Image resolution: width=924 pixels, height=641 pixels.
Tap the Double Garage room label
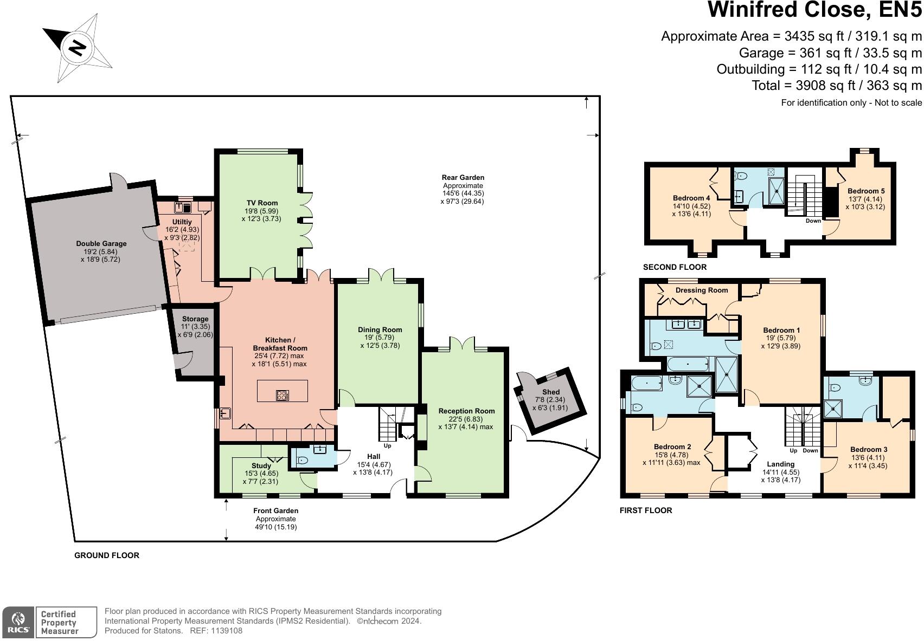pos(101,244)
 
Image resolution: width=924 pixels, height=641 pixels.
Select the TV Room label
pos(261,203)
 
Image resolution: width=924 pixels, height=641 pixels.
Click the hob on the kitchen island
pos(282,395)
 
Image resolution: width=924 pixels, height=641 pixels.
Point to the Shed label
pos(550,392)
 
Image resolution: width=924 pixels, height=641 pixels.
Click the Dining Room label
pos(380,329)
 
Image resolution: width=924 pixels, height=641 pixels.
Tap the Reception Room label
pos(466,411)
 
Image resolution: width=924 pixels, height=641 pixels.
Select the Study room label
pos(261,465)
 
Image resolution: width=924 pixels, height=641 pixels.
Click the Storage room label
pos(195,319)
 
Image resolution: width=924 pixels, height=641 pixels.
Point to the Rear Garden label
pos(463,177)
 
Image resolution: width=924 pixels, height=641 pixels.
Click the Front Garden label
pos(275,510)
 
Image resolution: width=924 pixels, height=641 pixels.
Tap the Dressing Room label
pos(701,290)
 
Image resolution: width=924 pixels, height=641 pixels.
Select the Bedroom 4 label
pos(691,198)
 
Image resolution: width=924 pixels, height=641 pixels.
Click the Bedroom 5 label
pos(865,191)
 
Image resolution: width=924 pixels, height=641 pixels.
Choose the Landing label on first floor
pos(780,464)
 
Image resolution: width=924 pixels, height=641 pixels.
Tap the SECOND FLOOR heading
pos(675,267)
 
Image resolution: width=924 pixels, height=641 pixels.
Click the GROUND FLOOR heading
pos(107,555)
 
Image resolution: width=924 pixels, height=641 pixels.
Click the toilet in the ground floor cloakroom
pos(303,461)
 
